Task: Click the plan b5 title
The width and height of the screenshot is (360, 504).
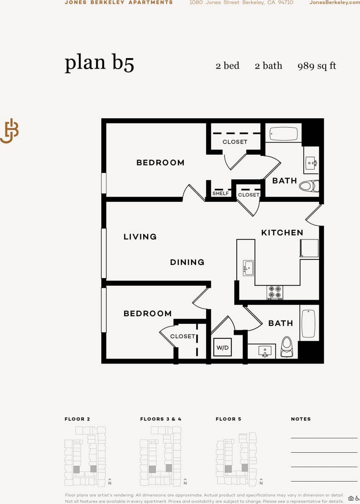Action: [x=99, y=63]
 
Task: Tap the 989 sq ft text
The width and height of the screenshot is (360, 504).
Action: [x=317, y=66]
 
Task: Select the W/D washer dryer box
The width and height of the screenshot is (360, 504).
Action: [x=222, y=348]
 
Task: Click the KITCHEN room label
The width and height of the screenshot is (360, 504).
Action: [x=282, y=233]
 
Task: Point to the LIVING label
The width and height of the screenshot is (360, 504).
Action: [x=140, y=237]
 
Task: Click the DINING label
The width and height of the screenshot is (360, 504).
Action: [x=187, y=262]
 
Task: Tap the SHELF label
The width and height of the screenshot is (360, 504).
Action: [x=221, y=193]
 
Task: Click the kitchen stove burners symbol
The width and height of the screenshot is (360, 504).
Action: [x=275, y=292]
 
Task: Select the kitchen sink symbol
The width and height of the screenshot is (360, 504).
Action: [x=248, y=268]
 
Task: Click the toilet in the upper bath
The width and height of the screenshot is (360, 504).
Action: [x=309, y=186]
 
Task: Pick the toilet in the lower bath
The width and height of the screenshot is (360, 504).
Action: [x=287, y=345]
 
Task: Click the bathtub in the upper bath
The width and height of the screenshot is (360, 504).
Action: [x=284, y=134]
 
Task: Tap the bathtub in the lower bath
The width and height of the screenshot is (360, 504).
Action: [x=309, y=323]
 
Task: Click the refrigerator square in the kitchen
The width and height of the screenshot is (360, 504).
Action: [x=309, y=248]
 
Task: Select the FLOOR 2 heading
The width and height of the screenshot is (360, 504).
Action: [x=77, y=419]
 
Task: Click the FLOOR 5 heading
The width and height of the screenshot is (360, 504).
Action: [x=228, y=419]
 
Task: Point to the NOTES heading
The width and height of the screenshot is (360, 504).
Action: [x=301, y=419]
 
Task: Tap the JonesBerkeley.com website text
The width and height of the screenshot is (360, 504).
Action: [x=335, y=3]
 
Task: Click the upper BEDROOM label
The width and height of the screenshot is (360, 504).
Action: [x=160, y=163]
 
